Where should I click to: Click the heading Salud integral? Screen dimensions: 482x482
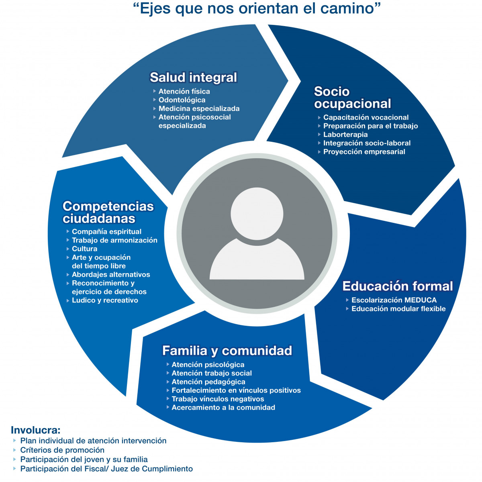pyautogui.click(x=193, y=77)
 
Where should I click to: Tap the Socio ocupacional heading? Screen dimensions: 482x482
pyautogui.click(x=352, y=98)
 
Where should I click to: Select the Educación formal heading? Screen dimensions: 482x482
pyautogui.click(x=397, y=286)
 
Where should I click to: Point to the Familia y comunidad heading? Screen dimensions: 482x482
pyautogui.click(x=227, y=350)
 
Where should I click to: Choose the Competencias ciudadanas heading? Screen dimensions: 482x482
pyautogui.click(x=108, y=212)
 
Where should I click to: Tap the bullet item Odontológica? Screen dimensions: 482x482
pyautogui.click(x=182, y=100)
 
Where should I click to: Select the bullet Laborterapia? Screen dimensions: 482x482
pyautogui.click(x=345, y=135)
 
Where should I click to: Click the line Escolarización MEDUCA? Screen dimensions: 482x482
pyautogui.click(x=394, y=300)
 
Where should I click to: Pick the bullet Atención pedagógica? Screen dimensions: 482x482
pyautogui.click(x=208, y=382)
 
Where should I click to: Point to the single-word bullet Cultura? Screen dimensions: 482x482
pyautogui.click(x=84, y=249)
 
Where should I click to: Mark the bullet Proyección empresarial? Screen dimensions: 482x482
pyautogui.click(x=364, y=152)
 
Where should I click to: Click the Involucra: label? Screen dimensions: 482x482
pyautogui.click(x=35, y=430)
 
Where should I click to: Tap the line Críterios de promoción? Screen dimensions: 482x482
pyautogui.click(x=62, y=450)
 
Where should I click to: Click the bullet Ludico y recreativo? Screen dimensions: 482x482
pyautogui.click(x=105, y=300)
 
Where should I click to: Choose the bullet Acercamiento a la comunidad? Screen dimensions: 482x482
pyautogui.click(x=223, y=408)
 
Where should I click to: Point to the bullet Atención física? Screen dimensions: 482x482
pyautogui.click(x=184, y=92)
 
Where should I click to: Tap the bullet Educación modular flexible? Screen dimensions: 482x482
pyautogui.click(x=398, y=309)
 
